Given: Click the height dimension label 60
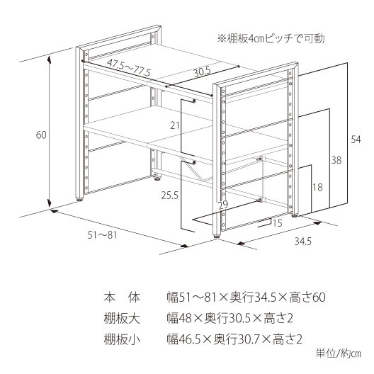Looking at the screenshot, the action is coord(41,135).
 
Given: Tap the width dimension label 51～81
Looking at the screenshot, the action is coord(103,235).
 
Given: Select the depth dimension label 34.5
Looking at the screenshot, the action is coord(303,242).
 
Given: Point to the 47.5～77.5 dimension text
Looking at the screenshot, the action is coord(129,67).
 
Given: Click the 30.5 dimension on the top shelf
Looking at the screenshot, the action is coord(203,72).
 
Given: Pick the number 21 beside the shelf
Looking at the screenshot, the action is coord(175,125).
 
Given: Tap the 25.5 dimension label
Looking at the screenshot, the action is coord(169,195).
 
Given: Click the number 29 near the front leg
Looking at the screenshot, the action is coord(224,205).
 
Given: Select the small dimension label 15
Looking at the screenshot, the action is coord(278,223).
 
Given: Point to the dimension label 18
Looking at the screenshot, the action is coord(317,188).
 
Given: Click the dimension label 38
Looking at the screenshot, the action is coord(336,160).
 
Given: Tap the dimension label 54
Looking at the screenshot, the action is coord(356,140).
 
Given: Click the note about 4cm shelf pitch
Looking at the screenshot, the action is coord(271,39).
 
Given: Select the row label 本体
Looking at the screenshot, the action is coord(122,297).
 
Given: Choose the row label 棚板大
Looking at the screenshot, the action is coord(122,319).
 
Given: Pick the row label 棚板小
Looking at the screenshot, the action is coord(122,339).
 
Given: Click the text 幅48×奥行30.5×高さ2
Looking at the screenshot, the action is coord(230,319).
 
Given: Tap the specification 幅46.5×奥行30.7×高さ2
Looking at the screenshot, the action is coord(234,339).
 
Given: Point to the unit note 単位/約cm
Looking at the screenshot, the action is coord(339,353).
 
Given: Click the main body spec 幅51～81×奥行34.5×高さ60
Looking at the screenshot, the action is coord(246,297).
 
